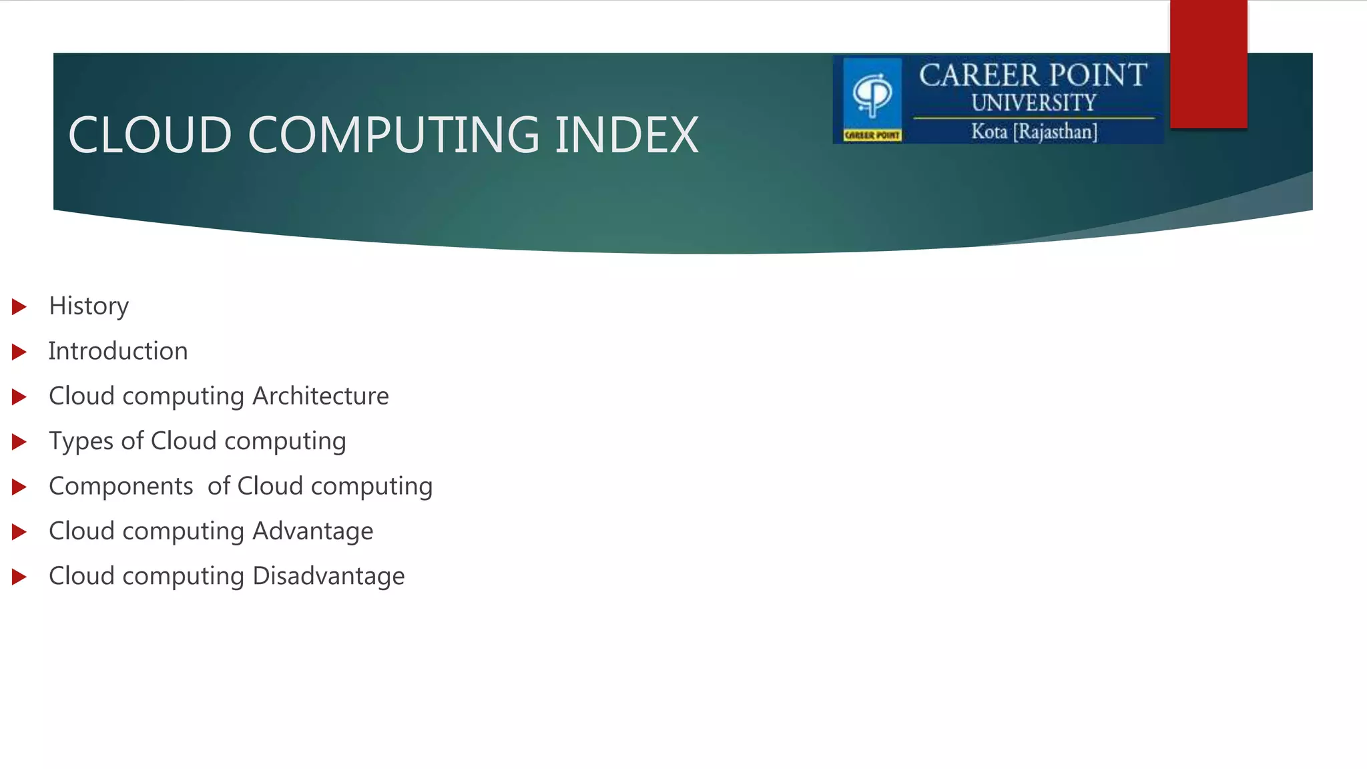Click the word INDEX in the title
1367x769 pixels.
626,135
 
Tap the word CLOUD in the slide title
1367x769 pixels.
150,135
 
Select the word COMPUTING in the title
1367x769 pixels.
394,135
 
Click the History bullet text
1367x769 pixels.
89,306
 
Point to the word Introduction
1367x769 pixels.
118,351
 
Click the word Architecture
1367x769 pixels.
320,396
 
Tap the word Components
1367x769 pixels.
121,486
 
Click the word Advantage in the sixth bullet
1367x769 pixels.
312,531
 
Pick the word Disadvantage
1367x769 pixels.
328,576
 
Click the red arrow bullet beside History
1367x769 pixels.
19,307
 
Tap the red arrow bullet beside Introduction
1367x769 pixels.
19,352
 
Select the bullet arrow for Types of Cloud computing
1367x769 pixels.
19,442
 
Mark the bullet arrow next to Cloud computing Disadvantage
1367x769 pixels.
19,577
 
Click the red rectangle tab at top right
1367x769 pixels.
1208,63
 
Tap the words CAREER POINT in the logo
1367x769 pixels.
1033,75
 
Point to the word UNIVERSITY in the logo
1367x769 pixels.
1033,103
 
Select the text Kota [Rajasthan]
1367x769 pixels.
1034,132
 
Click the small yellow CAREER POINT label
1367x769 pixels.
872,136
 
